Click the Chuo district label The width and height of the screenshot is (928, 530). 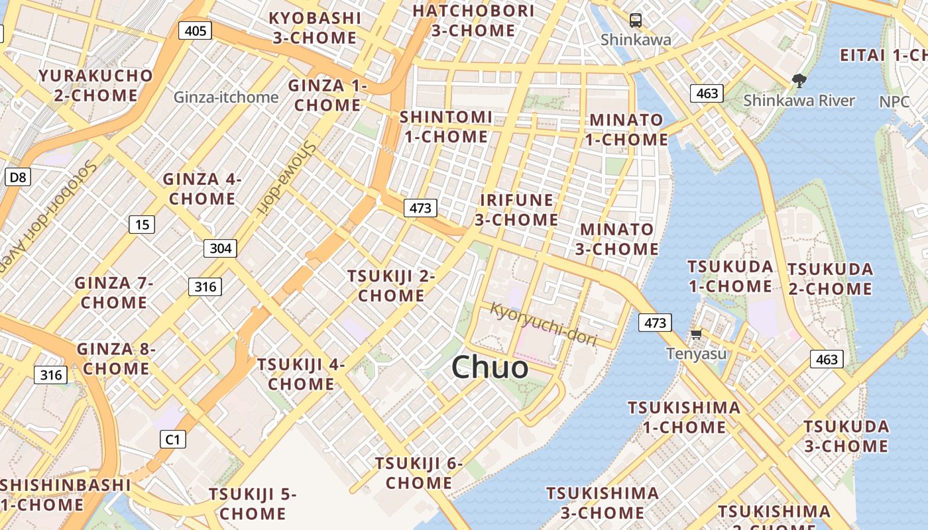tap(490, 368)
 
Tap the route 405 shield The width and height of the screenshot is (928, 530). tap(196, 30)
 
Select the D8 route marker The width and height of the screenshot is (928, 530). tap(18, 177)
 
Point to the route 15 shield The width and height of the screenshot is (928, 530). tap(142, 225)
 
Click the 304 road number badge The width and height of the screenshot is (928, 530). tap(220, 248)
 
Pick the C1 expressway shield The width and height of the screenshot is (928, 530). tap(172, 439)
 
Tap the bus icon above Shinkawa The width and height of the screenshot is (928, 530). tap(636, 20)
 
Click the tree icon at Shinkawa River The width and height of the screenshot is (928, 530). tap(799, 81)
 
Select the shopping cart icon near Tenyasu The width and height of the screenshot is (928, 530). tap(696, 335)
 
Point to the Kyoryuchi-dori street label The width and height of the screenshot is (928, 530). tap(544, 323)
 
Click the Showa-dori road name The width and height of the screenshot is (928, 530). tap(287, 178)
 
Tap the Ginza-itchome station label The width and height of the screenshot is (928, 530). tap(226, 97)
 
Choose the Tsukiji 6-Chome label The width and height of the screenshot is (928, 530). tap(419, 473)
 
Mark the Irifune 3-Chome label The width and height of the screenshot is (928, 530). tap(516, 209)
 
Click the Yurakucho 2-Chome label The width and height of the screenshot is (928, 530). tap(96, 85)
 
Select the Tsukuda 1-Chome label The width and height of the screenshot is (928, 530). tap(730, 276)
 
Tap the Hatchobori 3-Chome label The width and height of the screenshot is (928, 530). tap(473, 21)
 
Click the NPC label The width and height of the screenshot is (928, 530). tap(894, 102)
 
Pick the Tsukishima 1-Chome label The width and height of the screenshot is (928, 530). tap(684, 417)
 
